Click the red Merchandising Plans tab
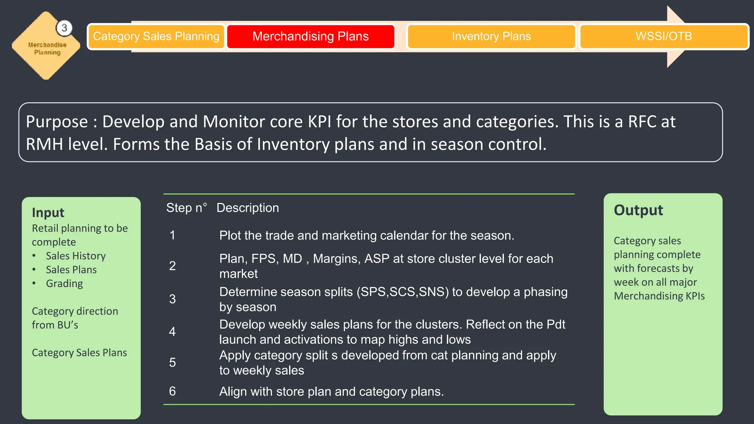tap(310, 36)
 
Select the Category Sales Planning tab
tap(156, 36)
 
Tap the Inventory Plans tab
tap(491, 36)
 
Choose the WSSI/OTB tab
tap(663, 36)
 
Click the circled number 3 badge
tap(64, 28)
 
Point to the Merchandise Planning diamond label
tap(47, 49)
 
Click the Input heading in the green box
tap(48, 213)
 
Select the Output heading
tap(638, 210)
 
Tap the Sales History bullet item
tap(75, 256)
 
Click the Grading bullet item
tap(64, 283)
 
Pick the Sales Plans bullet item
tap(71, 270)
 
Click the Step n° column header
tap(186, 208)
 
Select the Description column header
tap(247, 208)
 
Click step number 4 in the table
tap(172, 332)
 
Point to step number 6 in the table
tap(172, 391)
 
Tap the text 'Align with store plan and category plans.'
tap(331, 392)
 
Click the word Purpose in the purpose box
tap(57, 122)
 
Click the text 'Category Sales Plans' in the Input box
tap(79, 353)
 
